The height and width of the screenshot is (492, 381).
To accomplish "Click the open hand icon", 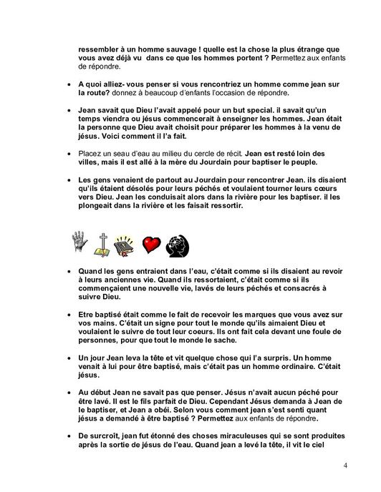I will (80, 247).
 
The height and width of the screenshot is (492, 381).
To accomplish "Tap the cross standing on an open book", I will (102, 247).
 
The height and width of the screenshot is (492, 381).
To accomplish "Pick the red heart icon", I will (150, 247).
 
